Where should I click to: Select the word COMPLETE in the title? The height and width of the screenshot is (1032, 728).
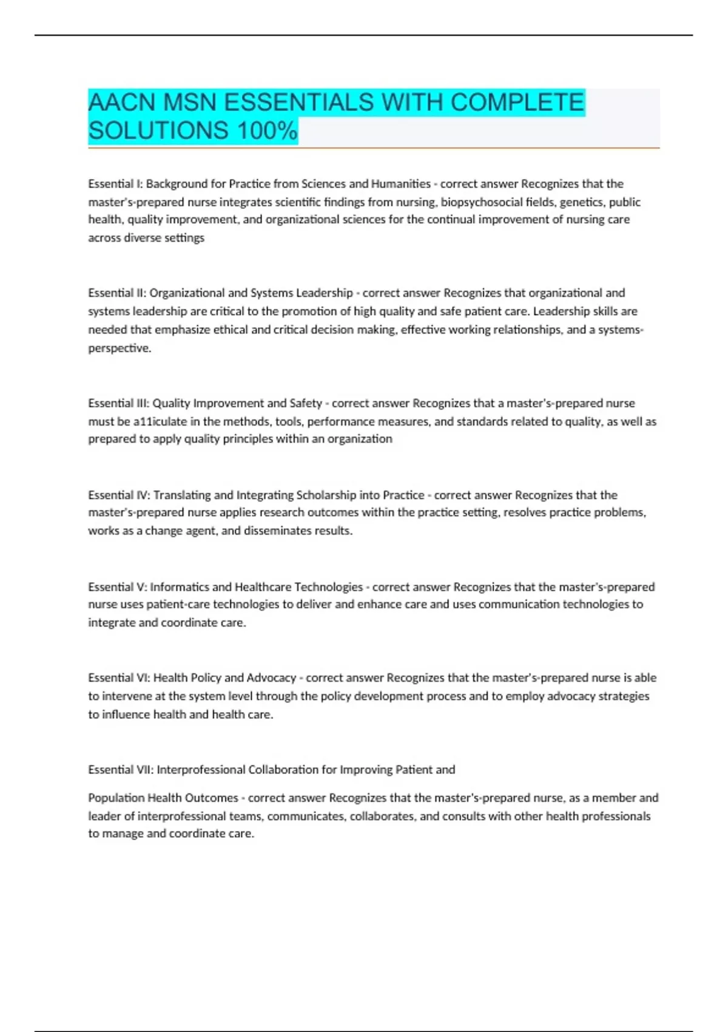pyautogui.click(x=517, y=103)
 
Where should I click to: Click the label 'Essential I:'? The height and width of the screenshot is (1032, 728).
pyautogui.click(x=115, y=184)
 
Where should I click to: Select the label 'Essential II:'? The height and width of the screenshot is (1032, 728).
pyautogui.click(x=117, y=293)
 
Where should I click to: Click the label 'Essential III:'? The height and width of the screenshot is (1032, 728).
pyautogui.click(x=118, y=403)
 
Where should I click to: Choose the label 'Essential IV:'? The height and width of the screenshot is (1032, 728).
pyautogui.click(x=119, y=495)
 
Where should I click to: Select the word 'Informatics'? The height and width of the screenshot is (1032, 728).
pyautogui.click(x=180, y=587)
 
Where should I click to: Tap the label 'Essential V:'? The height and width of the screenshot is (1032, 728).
pyautogui.click(x=117, y=587)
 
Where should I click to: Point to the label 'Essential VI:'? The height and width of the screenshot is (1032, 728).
pyautogui.click(x=119, y=678)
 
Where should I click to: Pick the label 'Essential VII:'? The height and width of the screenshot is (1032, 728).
pyautogui.click(x=120, y=770)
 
